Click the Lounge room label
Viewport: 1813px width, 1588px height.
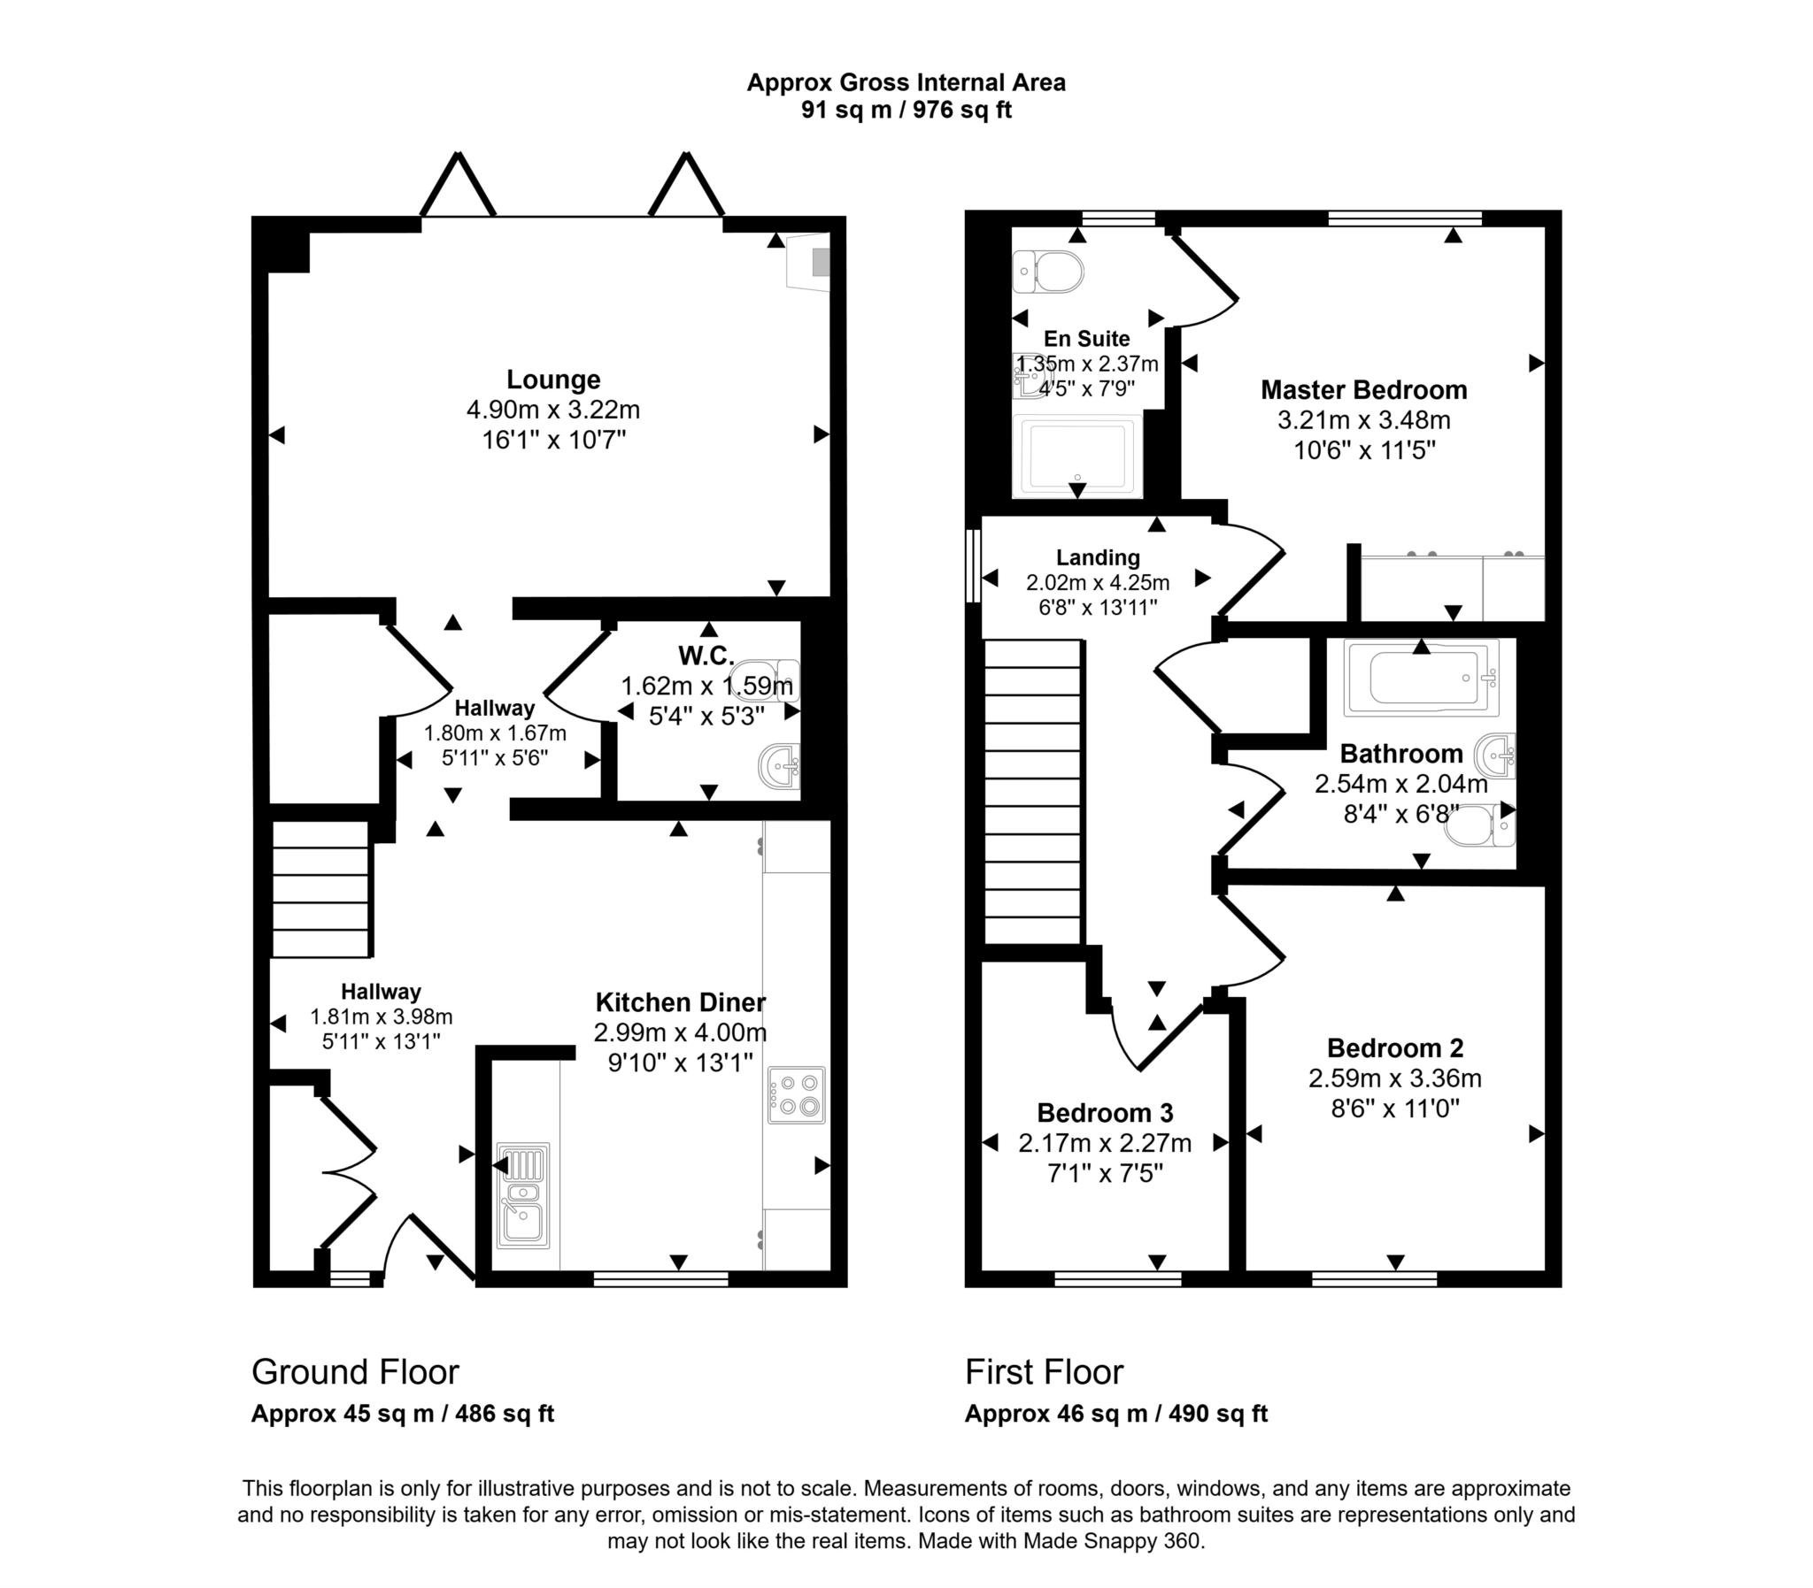(553, 380)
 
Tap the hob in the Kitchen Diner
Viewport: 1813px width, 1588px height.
(796, 1095)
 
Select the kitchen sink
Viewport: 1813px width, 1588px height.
(523, 1195)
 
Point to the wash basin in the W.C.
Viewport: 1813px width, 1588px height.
(781, 764)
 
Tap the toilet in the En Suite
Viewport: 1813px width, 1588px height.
(1049, 272)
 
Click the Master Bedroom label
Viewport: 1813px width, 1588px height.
(1363, 390)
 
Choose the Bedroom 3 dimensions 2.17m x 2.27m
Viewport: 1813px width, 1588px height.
(1105, 1143)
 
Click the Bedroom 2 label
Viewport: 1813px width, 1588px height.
(1394, 1048)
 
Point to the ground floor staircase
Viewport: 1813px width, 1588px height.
(320, 889)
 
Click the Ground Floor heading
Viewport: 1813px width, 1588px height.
(355, 1372)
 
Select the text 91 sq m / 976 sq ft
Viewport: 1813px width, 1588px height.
(906, 110)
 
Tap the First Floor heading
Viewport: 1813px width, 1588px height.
(1044, 1372)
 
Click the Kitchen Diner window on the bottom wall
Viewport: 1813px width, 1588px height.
(660, 1278)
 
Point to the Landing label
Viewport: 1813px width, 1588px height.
(1098, 557)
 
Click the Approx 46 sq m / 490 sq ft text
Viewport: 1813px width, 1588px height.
(1115, 1414)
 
